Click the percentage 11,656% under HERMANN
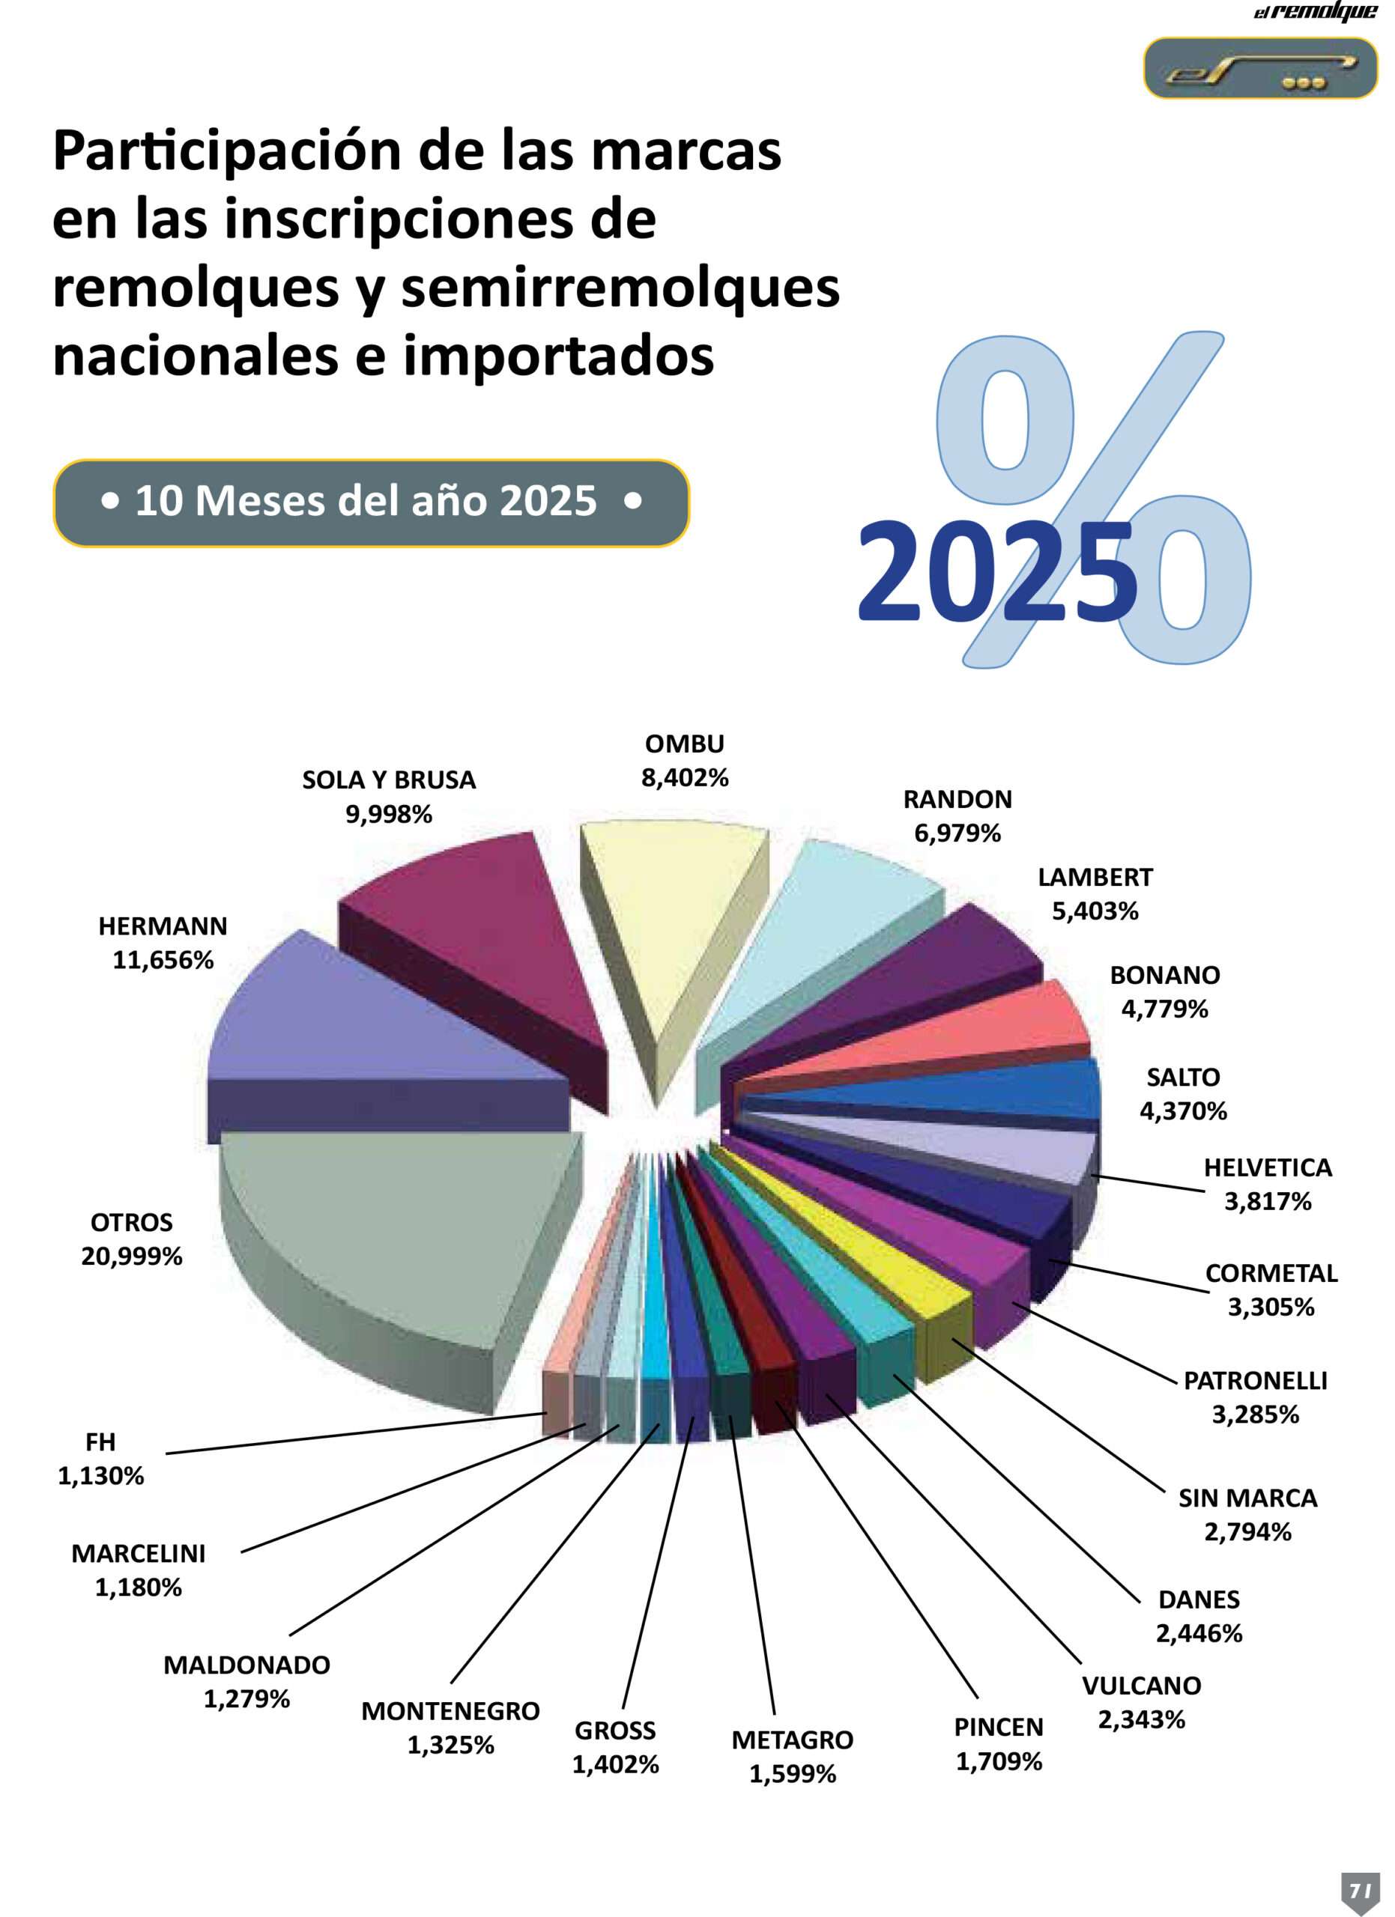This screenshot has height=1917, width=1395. coord(163,960)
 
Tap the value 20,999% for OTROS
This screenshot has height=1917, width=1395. coord(132,1256)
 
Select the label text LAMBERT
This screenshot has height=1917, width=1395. coord(1095,878)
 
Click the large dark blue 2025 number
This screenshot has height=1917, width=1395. coord(998,572)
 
